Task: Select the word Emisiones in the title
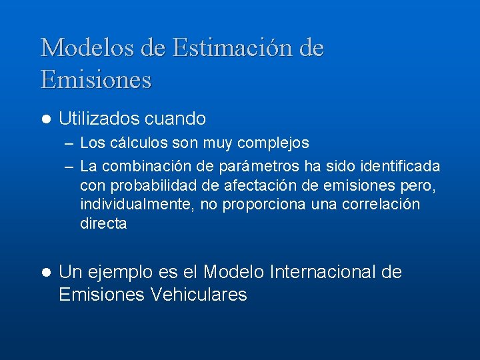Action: click(96, 80)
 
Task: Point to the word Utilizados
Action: click(99, 119)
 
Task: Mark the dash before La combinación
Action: click(69, 165)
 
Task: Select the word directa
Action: click(103, 224)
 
